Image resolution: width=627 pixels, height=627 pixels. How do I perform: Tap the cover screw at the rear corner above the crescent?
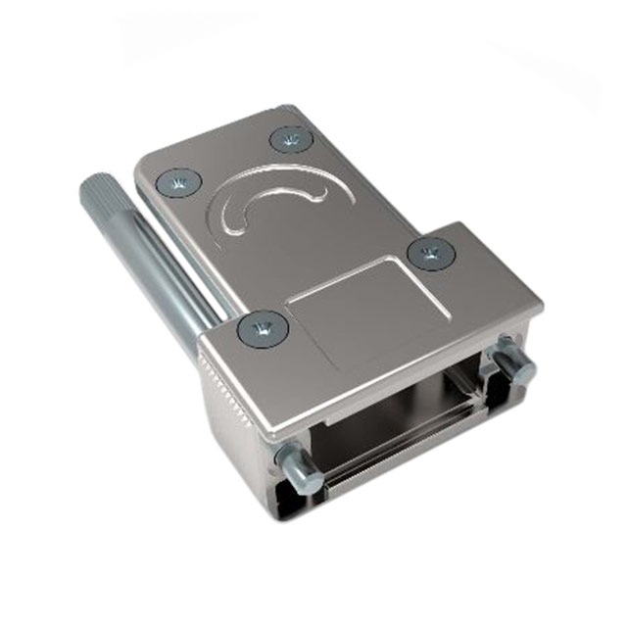288,139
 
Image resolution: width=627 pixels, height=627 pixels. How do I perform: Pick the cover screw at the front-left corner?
262,328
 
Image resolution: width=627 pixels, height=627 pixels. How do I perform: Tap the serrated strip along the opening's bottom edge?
392,460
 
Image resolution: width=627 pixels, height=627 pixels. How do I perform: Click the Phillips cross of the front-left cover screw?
262,328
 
